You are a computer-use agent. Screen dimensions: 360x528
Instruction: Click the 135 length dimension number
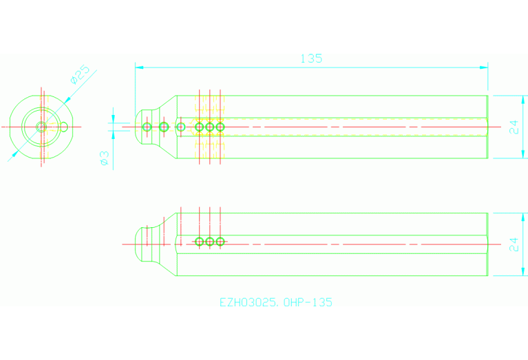point(311,59)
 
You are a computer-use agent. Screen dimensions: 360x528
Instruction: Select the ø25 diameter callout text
point(80,74)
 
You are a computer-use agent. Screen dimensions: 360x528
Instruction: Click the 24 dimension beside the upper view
point(514,127)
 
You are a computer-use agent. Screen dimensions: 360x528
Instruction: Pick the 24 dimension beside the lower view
point(514,244)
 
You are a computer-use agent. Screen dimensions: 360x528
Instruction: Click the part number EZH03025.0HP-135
point(275,302)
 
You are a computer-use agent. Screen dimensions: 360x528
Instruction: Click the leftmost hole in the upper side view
point(147,127)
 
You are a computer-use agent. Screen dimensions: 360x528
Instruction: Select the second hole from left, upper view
point(164,127)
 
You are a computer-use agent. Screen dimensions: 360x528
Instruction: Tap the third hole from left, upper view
point(181,127)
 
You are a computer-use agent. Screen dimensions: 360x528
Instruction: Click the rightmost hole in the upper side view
point(220,127)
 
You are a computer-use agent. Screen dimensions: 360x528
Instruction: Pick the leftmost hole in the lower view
point(200,242)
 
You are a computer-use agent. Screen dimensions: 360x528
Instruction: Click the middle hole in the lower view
point(210,242)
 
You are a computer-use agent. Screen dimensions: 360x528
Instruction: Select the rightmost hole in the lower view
point(220,242)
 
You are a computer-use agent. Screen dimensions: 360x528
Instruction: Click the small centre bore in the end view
point(41,127)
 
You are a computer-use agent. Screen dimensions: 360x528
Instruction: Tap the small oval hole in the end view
point(64,126)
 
